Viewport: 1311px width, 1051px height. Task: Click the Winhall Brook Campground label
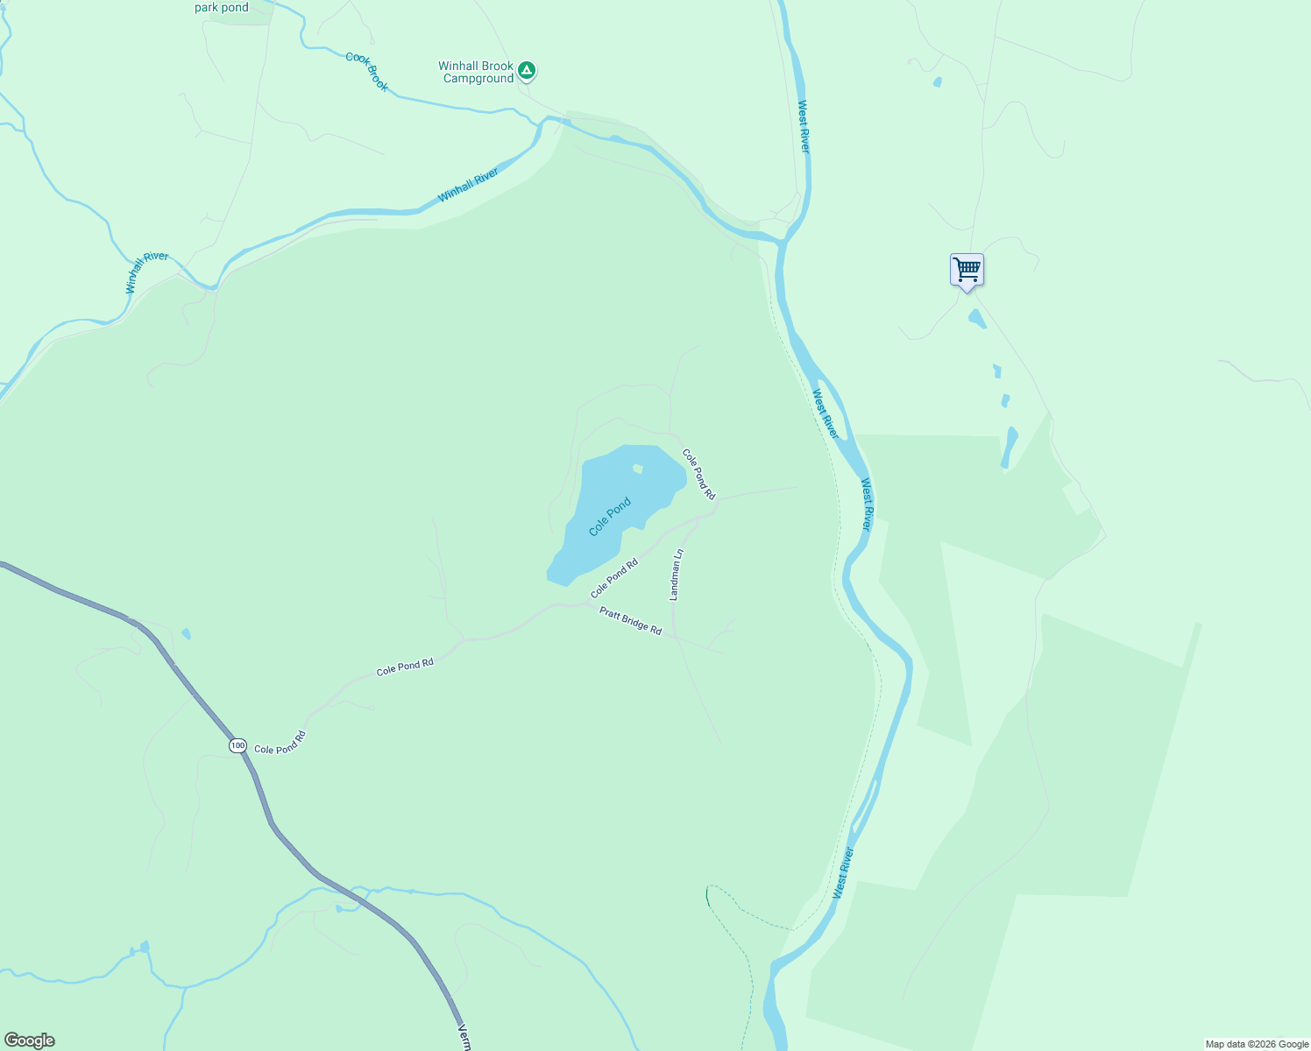476,72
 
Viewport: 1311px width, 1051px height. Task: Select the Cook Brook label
366,71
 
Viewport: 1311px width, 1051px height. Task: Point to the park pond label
222,8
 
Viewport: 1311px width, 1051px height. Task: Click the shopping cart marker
967,270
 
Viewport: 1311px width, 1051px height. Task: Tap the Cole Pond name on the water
610,517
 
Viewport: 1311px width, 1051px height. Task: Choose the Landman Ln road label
676,575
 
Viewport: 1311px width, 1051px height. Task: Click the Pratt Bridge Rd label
630,621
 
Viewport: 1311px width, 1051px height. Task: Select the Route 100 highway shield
237,745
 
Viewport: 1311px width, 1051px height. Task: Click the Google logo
29,1040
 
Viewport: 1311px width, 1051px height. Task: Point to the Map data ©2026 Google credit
1257,1044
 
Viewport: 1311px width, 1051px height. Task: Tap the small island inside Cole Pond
638,469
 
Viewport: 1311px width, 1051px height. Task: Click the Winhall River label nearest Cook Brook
467,185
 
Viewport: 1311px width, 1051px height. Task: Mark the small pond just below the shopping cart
976,318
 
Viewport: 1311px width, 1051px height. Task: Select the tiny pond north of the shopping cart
938,82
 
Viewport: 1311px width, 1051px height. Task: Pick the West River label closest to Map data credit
842,872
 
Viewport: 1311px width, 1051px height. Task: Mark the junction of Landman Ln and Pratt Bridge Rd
676,637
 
